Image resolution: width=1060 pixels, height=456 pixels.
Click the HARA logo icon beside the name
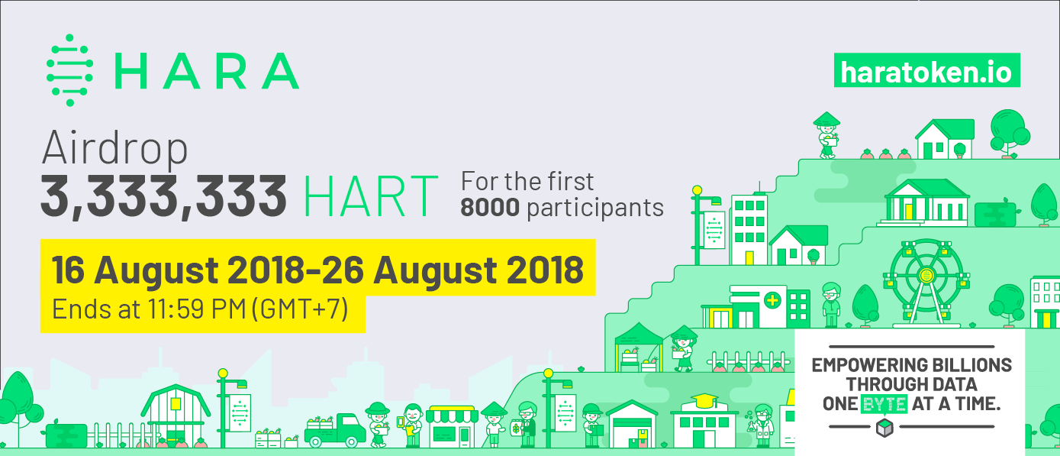[69, 70]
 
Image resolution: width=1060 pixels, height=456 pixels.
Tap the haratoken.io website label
[926, 71]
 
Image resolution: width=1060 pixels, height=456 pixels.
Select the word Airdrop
[114, 148]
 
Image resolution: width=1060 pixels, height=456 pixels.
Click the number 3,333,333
[163, 196]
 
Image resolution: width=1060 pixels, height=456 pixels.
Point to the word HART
[371, 196]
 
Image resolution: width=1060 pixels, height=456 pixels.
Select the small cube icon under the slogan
[884, 429]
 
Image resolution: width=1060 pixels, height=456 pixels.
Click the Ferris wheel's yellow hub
[926, 275]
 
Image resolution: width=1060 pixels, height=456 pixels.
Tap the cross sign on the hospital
[772, 300]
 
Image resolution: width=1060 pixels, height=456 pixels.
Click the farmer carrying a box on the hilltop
[826, 135]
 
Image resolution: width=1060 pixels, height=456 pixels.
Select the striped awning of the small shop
[450, 416]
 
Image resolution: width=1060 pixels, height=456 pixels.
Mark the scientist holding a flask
[762, 424]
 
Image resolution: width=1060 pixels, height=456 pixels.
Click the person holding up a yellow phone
[411, 424]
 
